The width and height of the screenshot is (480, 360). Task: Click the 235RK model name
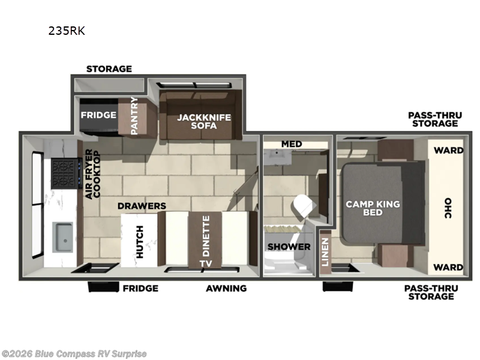click(67, 31)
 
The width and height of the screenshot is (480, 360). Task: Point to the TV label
click(206, 263)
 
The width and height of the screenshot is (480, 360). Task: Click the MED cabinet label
click(292, 144)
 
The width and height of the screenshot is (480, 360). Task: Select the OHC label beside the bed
click(448, 208)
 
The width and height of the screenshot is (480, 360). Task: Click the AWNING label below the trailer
click(226, 288)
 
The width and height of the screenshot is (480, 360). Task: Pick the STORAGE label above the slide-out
click(109, 68)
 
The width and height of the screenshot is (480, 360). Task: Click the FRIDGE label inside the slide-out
click(98, 115)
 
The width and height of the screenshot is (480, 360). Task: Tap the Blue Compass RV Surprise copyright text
click(74, 353)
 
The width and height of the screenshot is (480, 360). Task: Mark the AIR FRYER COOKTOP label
click(92, 174)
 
